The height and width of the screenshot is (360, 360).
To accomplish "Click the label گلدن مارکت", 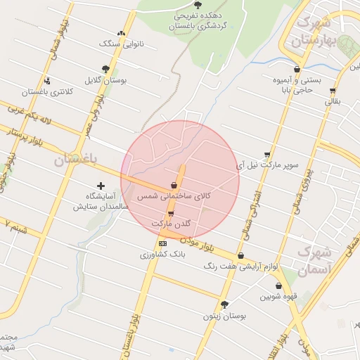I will coord(171,224).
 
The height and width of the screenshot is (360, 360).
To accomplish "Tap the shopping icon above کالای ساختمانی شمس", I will coord(173,186).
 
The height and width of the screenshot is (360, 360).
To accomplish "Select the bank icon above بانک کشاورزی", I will coord(162,243).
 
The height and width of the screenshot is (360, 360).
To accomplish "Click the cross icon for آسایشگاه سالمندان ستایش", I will coord(101,185).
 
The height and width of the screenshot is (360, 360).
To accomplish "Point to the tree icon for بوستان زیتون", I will coord(224,304).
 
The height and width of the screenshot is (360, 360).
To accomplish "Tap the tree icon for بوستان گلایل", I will coord(105,69).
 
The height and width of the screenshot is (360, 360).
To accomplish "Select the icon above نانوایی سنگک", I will coord(122,33).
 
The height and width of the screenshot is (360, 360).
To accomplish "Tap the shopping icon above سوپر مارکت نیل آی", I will coord(267,155).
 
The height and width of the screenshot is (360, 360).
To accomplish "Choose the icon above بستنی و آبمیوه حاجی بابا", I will coord(297,69).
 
